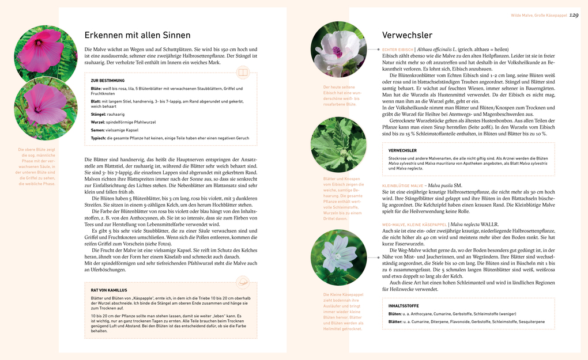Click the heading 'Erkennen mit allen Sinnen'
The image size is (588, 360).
(137, 35)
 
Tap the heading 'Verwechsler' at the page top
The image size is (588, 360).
(408, 35)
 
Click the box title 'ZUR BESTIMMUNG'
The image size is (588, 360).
(107, 81)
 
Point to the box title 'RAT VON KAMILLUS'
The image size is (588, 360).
(109, 290)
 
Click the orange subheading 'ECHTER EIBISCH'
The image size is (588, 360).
(398, 50)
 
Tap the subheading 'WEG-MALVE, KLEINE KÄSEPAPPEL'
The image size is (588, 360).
(414, 224)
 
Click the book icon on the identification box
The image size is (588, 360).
(242, 73)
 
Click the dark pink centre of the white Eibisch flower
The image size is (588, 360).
(337, 52)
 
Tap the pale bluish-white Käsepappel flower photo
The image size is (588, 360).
(338, 257)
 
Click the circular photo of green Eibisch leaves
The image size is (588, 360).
(338, 144)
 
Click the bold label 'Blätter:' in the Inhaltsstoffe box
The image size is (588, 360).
(395, 322)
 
